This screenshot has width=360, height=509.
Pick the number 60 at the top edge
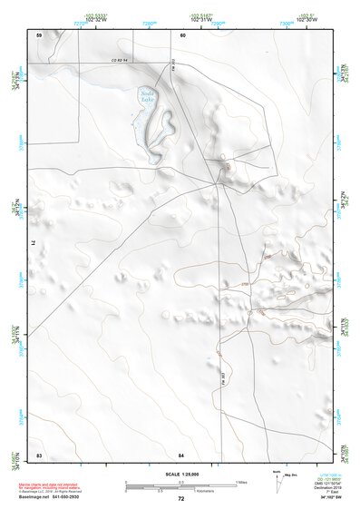tap(182, 34)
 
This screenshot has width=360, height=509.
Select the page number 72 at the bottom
tap(180, 500)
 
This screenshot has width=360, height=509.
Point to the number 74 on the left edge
tap(37, 243)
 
